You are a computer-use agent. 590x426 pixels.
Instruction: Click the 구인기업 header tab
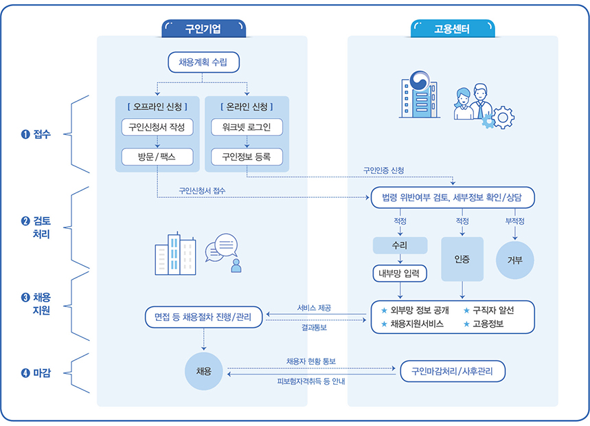[x=203, y=29]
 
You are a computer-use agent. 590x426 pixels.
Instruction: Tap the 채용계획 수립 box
[x=203, y=63]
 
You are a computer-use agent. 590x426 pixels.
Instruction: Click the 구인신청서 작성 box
[x=158, y=127]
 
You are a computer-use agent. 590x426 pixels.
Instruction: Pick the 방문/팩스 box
[x=158, y=156]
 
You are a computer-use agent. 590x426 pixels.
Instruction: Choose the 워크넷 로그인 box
[x=247, y=127]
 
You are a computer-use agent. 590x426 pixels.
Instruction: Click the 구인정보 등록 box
[x=247, y=156]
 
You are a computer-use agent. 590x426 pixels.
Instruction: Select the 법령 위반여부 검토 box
[x=453, y=198]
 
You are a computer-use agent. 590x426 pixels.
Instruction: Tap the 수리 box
[x=400, y=245]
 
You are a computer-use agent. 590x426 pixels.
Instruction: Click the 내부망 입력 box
[x=400, y=273]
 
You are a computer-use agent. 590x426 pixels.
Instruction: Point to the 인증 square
[x=462, y=259]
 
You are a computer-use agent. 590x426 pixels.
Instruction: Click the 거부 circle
[x=514, y=260]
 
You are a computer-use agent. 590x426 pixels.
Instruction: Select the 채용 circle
[x=203, y=372]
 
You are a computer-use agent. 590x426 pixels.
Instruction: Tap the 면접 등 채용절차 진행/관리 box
[x=203, y=317]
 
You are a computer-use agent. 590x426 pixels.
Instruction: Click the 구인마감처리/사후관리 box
[x=453, y=372]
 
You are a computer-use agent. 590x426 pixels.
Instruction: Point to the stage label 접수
[x=37, y=134]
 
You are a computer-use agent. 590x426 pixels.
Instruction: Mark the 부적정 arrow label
[x=514, y=221]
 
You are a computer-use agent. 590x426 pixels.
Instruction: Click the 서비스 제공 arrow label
[x=315, y=308]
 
